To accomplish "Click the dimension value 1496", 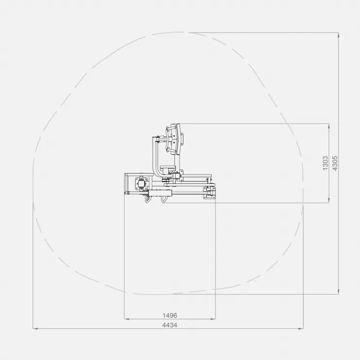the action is [x=170, y=315].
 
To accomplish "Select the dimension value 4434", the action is [x=170, y=325].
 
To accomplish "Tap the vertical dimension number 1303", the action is [x=325, y=163].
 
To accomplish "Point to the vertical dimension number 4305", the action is [x=335, y=163].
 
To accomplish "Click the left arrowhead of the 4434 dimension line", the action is [x=35, y=329].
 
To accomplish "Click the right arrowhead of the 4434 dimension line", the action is [x=301, y=329].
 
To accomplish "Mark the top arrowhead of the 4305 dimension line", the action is [x=339, y=35].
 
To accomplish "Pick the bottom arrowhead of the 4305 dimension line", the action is [x=339, y=292].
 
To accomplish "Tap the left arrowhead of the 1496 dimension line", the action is [x=126, y=319].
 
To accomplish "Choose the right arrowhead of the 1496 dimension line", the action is [x=213, y=319].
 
